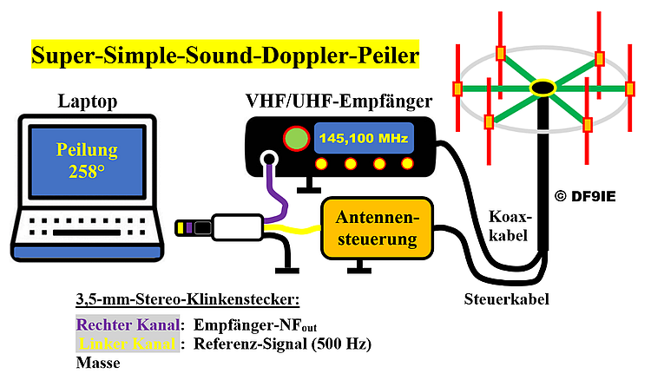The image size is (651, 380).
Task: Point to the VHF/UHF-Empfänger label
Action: pyautogui.click(x=340, y=102)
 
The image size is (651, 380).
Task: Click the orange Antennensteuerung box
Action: pyautogui.click(x=377, y=227)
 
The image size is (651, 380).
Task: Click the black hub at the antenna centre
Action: pyautogui.click(x=542, y=87)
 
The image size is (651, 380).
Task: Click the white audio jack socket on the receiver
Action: pyautogui.click(x=269, y=160)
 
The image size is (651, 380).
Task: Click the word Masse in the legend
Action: pyautogui.click(x=98, y=364)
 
